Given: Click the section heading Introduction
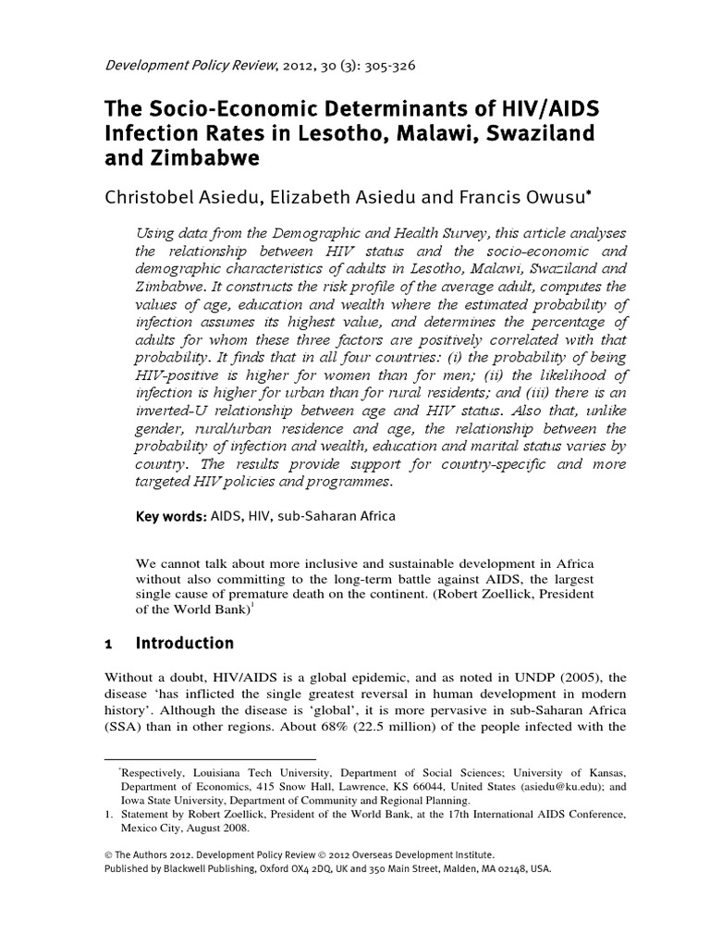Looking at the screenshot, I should (x=185, y=643).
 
